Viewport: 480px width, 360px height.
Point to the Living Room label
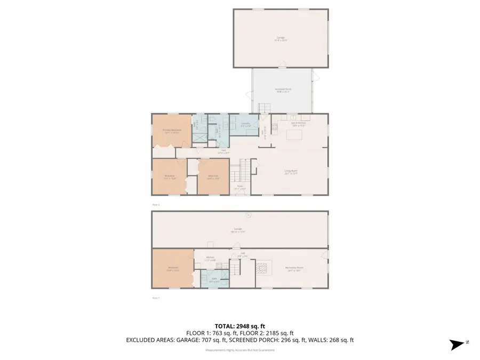[x=291, y=172]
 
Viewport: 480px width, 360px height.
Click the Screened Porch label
[x=283, y=90]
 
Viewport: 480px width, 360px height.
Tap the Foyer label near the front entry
[x=240, y=187]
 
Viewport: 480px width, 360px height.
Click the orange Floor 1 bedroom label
[x=173, y=269]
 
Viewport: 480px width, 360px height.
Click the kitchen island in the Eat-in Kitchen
[x=295, y=135]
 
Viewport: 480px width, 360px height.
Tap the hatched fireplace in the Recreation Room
[x=262, y=267]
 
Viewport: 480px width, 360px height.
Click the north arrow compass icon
[x=456, y=344]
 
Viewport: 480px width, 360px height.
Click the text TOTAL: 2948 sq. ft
[x=240, y=326]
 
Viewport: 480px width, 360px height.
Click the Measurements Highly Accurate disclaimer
[x=240, y=350]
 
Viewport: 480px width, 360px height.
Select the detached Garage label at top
[x=280, y=38]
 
